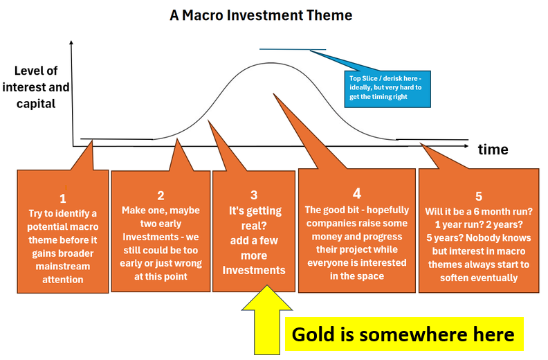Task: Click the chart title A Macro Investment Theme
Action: coord(261,15)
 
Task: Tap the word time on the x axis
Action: coord(493,150)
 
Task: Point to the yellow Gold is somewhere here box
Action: coord(403,334)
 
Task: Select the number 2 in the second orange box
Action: coord(161,195)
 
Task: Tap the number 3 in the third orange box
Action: coord(254,195)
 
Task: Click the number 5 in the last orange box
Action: coord(478,196)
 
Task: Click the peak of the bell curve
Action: coord(266,64)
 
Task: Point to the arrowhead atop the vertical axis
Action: coord(72,43)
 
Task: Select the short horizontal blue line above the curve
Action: coord(292,50)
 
